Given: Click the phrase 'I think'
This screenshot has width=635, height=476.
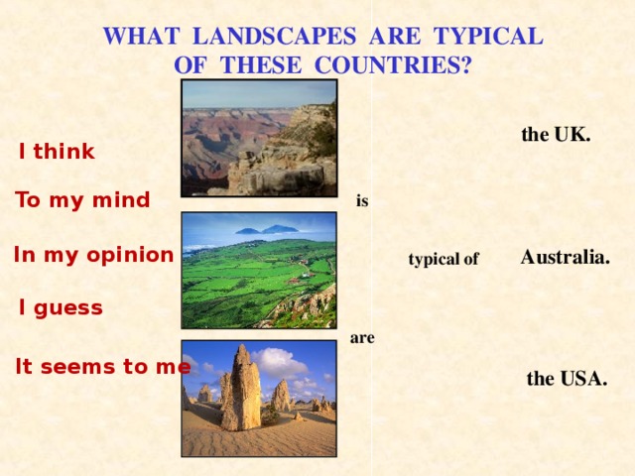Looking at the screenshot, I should coord(57,152).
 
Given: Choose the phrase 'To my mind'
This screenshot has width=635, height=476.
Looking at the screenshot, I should coord(82,200).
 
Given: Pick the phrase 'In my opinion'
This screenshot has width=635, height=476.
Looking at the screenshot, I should coord(94,255).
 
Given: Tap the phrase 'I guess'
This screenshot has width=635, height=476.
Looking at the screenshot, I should coord(61,308).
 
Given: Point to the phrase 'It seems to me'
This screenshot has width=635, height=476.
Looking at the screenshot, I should coord(103,366).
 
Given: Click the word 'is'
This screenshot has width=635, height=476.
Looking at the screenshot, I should coord(362,200).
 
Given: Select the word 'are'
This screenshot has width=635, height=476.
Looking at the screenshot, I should coord(362,338).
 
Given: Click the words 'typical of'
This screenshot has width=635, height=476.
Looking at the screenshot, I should coord(444,260).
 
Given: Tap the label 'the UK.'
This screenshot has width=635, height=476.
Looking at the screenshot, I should coord(556,135).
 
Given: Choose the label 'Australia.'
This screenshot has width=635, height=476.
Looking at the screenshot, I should coord(566,257).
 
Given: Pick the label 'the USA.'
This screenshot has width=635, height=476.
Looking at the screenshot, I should coord(567,379).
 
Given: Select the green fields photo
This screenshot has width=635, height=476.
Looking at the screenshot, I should coord(259,269).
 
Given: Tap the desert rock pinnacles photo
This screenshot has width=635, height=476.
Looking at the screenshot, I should coord(259,398).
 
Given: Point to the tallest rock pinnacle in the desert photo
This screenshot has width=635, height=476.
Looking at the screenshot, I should coord(243,387).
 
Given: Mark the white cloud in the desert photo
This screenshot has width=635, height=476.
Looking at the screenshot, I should coord(282,361).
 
